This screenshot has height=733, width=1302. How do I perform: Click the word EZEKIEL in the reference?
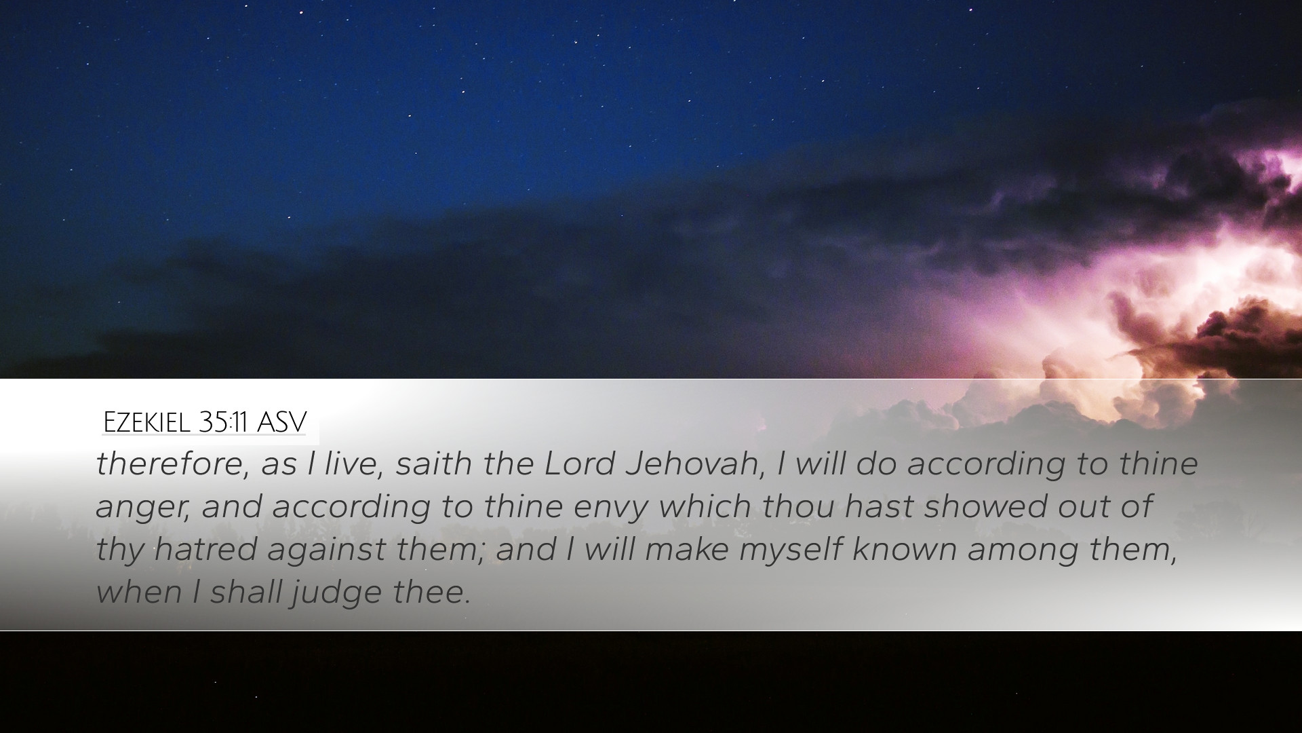pyautogui.click(x=147, y=422)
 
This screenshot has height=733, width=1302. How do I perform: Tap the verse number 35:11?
pyautogui.click(x=224, y=422)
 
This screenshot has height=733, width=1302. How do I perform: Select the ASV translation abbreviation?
pyautogui.click(x=282, y=422)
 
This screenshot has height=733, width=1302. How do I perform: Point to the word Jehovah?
pyautogui.click(x=695, y=464)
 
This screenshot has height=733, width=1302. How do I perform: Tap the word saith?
pyautogui.click(x=434, y=464)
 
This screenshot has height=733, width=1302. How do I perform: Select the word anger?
pyautogui.click(x=143, y=508)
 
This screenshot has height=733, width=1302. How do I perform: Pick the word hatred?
pyautogui.click(x=205, y=548)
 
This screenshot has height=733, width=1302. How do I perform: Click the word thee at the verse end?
pyautogui.click(x=431, y=592)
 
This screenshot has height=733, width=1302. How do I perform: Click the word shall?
pyautogui.click(x=246, y=591)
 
